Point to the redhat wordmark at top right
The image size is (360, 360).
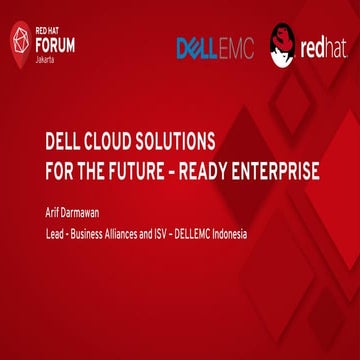pyautogui.click(x=325, y=49)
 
